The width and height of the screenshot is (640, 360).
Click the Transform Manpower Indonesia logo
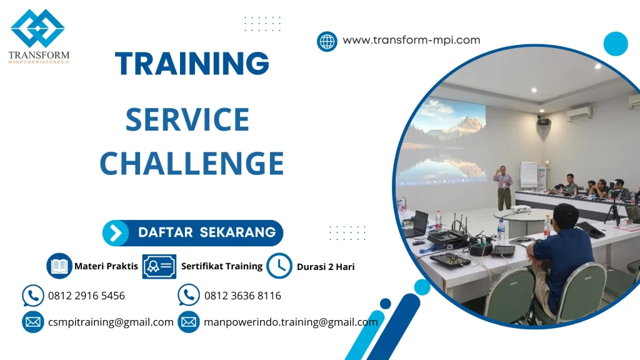38,34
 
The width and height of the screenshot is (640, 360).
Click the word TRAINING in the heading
192,63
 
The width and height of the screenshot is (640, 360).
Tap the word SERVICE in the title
187,119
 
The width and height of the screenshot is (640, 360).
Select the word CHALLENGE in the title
192,164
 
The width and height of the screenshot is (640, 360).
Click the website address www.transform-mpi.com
411,40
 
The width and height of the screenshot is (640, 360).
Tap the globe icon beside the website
327,41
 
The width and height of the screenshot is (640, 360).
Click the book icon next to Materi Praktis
59,266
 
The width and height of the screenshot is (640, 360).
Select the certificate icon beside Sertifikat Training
159,266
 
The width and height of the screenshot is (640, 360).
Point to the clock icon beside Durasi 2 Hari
279,266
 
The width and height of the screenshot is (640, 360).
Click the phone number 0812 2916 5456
86,296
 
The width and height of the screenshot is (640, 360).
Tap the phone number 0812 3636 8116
242,296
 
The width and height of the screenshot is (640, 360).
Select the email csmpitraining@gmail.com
111,322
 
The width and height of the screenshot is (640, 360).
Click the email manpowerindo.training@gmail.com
291,322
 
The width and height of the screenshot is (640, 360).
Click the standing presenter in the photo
503,186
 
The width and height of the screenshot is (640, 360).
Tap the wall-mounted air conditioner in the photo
579,114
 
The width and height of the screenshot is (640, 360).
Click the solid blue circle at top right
616,44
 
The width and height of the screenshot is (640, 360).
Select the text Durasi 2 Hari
326,267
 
